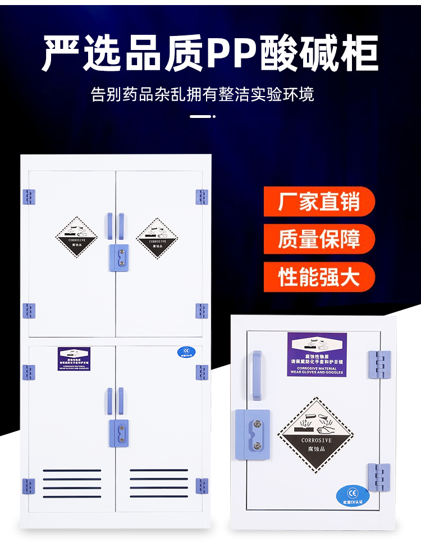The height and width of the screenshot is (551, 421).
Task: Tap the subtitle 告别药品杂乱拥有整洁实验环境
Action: [203, 93]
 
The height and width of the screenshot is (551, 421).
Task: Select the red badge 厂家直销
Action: [319, 202]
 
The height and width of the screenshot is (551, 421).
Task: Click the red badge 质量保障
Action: [319, 239]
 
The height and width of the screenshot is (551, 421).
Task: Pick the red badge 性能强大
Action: [319, 277]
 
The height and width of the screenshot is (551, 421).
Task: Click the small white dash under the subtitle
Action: [202, 117]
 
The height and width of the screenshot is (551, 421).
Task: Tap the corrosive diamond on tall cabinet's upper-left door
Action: [76, 237]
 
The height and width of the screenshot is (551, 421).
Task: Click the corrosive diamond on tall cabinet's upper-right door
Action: [157, 237]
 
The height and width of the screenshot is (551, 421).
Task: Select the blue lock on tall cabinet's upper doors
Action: [118, 256]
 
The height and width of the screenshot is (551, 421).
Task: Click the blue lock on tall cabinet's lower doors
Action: [118, 433]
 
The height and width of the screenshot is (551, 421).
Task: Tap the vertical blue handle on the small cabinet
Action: [257, 375]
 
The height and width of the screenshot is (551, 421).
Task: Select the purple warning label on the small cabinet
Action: [317, 355]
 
